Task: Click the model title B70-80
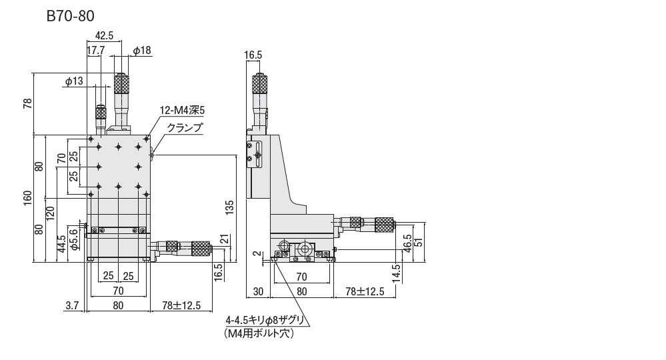point(70,16)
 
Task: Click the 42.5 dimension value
point(104,35)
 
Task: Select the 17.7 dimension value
point(95,51)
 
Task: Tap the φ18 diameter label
point(142,51)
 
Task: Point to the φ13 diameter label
point(74,81)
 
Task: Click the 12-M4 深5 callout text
point(182,111)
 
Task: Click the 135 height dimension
point(229,207)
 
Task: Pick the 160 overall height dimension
point(27,198)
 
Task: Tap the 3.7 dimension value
point(73,305)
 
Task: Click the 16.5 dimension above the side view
point(253,55)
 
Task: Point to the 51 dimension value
point(419,242)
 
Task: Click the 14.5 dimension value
point(396,273)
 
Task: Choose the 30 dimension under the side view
point(258,291)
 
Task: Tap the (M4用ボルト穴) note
point(259,333)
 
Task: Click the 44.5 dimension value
point(61,244)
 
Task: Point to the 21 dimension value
point(225,239)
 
